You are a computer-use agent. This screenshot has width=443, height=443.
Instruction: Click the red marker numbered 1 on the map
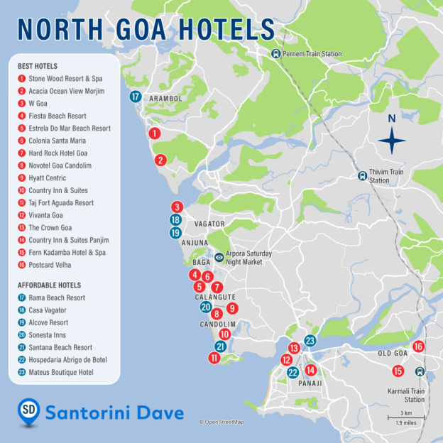tap(154, 133)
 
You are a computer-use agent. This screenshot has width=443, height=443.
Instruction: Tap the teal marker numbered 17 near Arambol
tap(136, 97)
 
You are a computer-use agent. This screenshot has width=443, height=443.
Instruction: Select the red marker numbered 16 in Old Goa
tap(418, 346)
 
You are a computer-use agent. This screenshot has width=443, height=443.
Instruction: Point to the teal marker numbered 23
tap(310, 341)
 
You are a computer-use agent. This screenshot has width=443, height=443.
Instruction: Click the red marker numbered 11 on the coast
tap(214, 359)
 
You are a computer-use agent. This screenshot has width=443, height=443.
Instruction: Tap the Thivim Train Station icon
tap(363, 175)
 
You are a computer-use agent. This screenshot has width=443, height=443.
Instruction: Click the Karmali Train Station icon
tap(420, 372)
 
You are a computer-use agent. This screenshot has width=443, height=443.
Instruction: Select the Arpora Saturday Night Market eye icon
tap(219, 257)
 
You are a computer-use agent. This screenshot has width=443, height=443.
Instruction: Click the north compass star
tap(391, 141)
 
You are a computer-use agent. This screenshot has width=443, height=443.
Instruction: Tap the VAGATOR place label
tap(209, 224)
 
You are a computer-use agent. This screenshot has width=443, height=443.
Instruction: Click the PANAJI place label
tap(310, 383)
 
